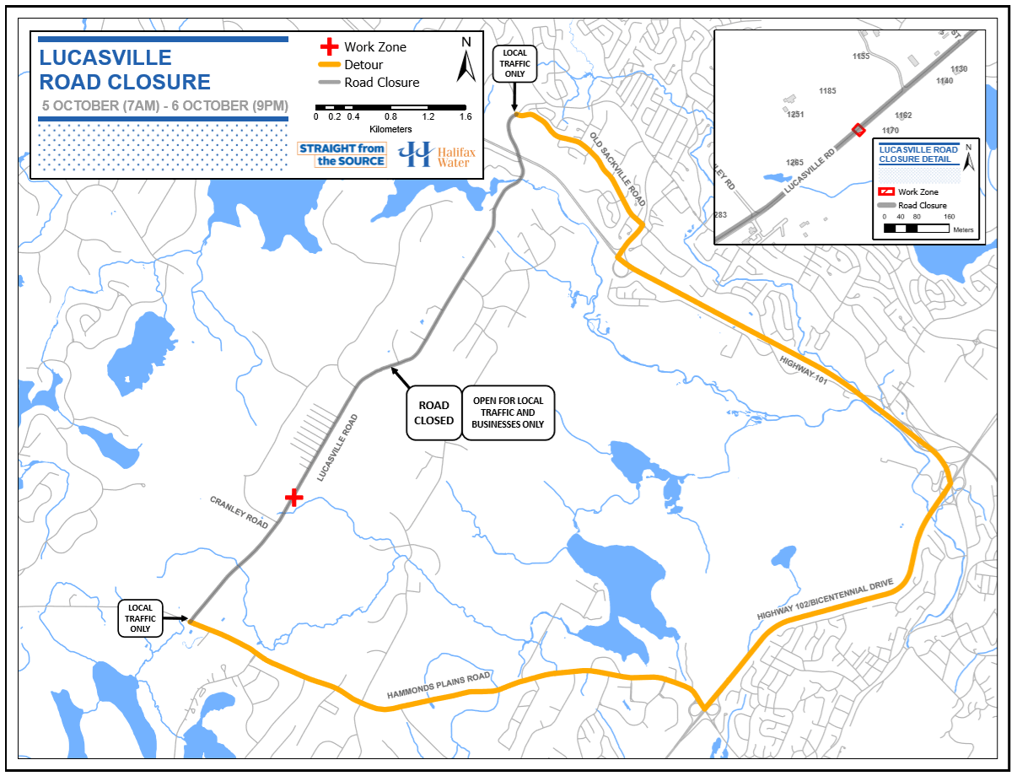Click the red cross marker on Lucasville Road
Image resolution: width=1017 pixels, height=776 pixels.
(x=293, y=497)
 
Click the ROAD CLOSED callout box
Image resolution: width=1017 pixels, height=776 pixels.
(x=433, y=412)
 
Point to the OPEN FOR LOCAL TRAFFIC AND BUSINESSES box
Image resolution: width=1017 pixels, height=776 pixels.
(x=508, y=412)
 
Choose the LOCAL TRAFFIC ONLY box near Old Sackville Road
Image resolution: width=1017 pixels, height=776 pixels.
(x=514, y=63)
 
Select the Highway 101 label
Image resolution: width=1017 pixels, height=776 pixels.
(x=804, y=372)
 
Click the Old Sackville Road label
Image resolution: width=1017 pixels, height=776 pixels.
(x=617, y=170)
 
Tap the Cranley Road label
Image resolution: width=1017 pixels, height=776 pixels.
(x=239, y=512)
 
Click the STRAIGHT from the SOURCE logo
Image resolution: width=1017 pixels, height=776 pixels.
(x=342, y=154)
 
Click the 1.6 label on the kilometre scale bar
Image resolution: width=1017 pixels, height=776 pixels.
(x=465, y=116)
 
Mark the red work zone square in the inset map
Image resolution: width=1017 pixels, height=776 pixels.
(x=858, y=129)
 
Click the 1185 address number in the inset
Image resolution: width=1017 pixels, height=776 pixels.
(x=827, y=90)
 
